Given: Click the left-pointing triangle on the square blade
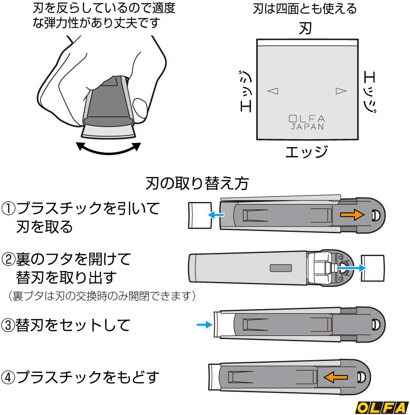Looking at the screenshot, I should coord(273,91).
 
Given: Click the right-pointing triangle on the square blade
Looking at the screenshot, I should coord(341,91).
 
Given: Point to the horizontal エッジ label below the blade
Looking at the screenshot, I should coord(307,152).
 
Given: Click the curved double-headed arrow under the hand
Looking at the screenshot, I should coord(109,148).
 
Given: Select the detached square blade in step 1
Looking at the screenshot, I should coord(200,215).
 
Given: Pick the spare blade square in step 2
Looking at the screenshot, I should coord(372,268).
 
